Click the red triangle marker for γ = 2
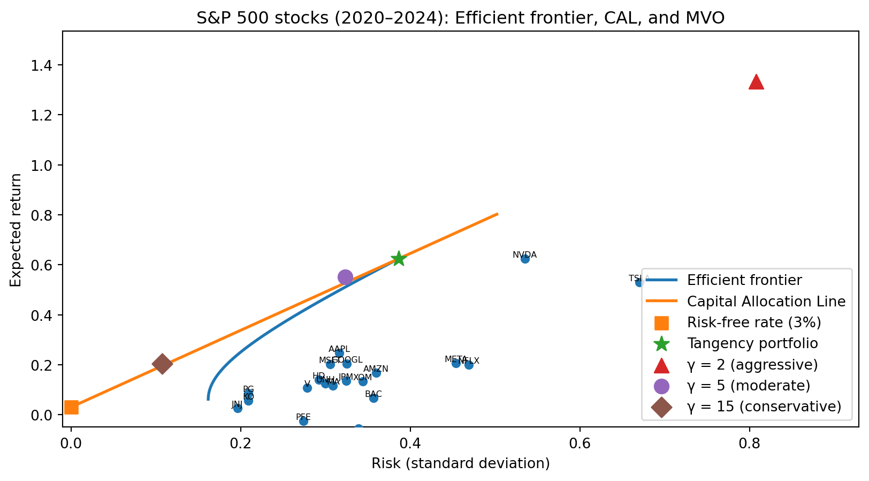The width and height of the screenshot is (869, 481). (756, 82)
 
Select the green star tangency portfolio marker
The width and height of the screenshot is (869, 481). (398, 259)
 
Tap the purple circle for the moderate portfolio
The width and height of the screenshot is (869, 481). (345, 277)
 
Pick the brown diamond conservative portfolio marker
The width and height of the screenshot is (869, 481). (162, 364)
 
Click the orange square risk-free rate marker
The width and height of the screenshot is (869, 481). (71, 408)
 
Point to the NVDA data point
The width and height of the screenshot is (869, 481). (525, 259)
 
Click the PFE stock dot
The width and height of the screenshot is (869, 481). (303, 421)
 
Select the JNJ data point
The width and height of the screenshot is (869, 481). (238, 408)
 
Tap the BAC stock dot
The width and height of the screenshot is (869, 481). (373, 398)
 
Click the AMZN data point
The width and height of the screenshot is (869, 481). (376, 373)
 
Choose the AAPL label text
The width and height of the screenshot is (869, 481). (339, 349)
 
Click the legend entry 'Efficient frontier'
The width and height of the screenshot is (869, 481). (744, 280)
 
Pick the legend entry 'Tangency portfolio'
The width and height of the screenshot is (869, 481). (752, 343)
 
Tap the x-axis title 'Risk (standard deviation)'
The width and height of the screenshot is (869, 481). (461, 463)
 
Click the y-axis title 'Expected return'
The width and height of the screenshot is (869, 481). (17, 230)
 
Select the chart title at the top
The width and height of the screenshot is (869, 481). (460, 18)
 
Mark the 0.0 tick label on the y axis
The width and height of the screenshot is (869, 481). (46, 415)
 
